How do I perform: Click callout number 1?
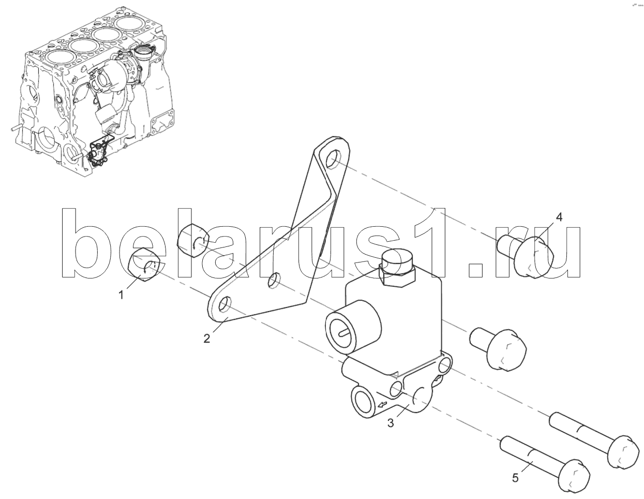[121, 295]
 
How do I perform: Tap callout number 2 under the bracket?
[207, 339]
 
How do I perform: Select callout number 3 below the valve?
[391, 423]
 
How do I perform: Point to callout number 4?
[559, 218]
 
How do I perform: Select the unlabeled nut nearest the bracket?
[193, 240]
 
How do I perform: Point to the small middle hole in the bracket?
[274, 282]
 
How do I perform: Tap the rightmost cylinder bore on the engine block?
[131, 24]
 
